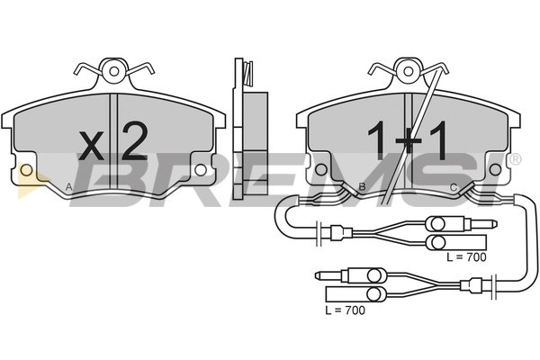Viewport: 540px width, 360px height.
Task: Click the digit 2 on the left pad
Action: point(135,142)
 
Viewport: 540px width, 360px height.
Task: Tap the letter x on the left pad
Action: point(91,146)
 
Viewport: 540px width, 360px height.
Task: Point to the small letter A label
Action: point(69,187)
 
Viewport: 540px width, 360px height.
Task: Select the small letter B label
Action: point(362,187)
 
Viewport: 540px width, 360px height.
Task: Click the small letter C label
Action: point(454,187)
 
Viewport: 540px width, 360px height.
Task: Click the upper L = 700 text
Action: point(466,256)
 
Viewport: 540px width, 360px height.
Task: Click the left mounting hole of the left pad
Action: point(26,169)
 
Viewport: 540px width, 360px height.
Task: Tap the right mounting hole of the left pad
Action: point(200,168)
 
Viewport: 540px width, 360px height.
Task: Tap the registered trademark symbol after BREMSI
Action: point(514,159)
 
